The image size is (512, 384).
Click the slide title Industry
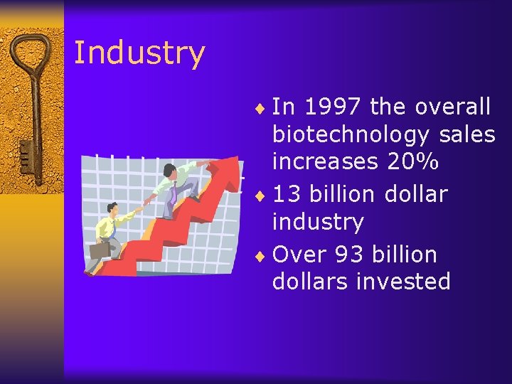[x=139, y=53]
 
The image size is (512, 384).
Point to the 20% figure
[x=412, y=161]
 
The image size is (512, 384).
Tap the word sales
[x=466, y=134]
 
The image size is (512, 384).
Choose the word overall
[x=452, y=107]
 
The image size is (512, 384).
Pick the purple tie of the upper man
[x=174, y=193]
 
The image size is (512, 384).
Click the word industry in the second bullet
[x=317, y=222]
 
